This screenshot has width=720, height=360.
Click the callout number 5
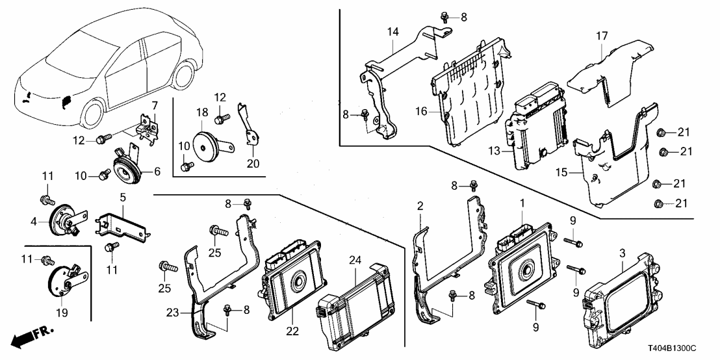pos(121,196)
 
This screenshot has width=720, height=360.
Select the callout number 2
pos(421,206)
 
